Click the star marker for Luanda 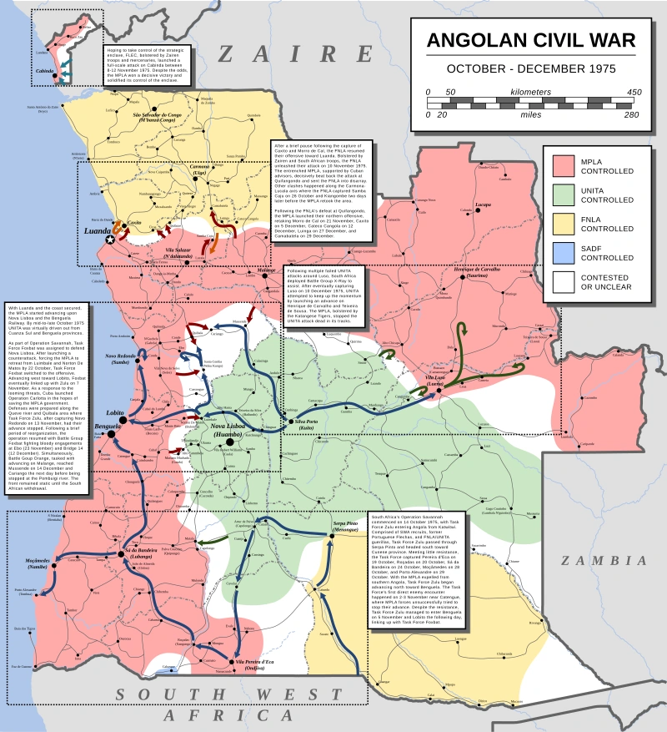[111, 240]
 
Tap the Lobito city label [115, 413]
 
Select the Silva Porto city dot [281, 422]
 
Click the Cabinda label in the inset [44, 72]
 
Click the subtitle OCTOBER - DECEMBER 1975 [530, 68]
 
